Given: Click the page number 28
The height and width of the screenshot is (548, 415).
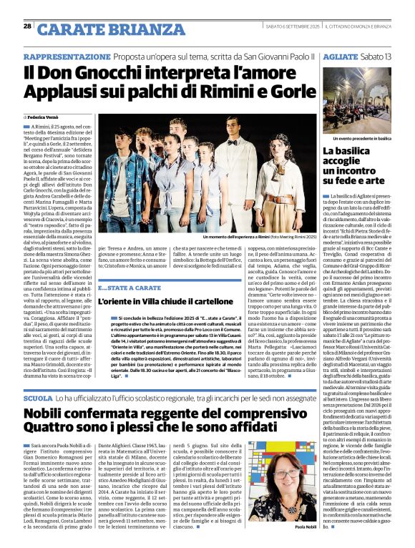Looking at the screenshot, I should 27,26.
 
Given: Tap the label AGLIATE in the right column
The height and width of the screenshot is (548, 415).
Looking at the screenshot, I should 340,57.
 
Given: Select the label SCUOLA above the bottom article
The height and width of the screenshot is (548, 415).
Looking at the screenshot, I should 38,398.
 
